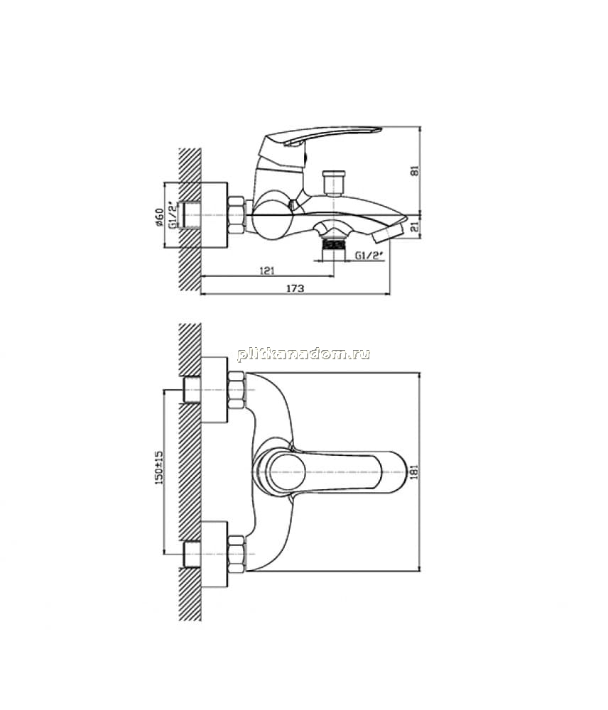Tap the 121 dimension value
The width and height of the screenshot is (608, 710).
267,271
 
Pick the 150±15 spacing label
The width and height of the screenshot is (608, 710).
158,468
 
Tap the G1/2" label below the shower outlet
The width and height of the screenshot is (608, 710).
369,256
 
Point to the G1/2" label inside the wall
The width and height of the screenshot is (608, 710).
172,215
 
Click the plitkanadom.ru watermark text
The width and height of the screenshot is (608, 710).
303,354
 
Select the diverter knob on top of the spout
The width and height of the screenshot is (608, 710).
333,182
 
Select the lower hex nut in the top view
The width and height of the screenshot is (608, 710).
236,553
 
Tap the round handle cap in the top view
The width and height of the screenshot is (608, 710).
286,472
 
